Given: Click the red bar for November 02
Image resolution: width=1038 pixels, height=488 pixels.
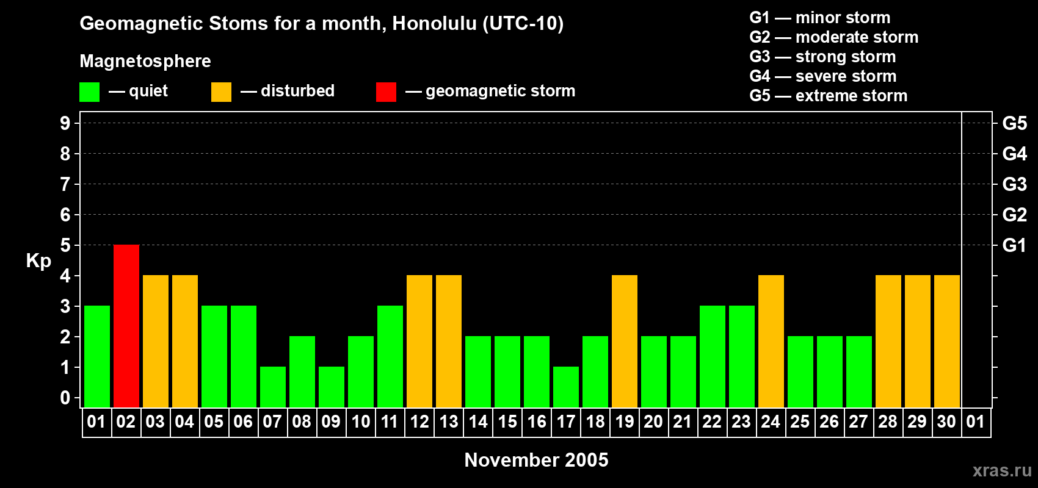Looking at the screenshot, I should (x=126, y=326).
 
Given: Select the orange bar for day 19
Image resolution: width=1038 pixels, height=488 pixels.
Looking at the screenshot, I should (x=625, y=341).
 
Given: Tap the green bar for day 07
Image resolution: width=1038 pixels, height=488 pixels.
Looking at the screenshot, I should (x=273, y=387).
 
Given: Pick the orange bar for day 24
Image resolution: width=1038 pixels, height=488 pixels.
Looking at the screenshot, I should (x=771, y=341).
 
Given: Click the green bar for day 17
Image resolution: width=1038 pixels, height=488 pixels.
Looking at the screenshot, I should (x=566, y=387).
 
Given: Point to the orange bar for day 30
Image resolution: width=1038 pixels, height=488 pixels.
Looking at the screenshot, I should (x=947, y=341).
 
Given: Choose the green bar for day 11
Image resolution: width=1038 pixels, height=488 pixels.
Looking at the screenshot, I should (x=390, y=356).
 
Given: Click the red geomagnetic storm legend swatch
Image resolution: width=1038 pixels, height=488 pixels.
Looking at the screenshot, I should (x=386, y=92).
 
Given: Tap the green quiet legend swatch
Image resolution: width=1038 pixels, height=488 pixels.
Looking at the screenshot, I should (x=90, y=92).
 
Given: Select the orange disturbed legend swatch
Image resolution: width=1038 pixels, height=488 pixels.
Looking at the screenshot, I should (x=221, y=92).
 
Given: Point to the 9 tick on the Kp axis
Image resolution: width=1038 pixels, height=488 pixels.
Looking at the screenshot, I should (x=65, y=123).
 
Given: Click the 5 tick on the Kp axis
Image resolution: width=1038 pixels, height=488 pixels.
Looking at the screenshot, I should (x=65, y=245).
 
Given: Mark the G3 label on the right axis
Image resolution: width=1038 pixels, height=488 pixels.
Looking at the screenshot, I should (x=1014, y=184).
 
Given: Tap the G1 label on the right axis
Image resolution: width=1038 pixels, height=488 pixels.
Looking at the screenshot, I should (x=1014, y=245).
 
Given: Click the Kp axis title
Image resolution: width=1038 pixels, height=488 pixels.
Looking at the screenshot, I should (x=38, y=261).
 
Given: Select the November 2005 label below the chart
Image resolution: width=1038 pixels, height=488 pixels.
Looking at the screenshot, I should (x=536, y=460).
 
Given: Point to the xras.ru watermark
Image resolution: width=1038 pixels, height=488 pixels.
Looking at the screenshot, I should (x=1002, y=470).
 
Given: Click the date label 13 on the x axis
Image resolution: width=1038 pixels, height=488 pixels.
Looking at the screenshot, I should (x=449, y=422).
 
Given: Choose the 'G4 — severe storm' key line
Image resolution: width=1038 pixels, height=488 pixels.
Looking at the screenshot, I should (x=822, y=76).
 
